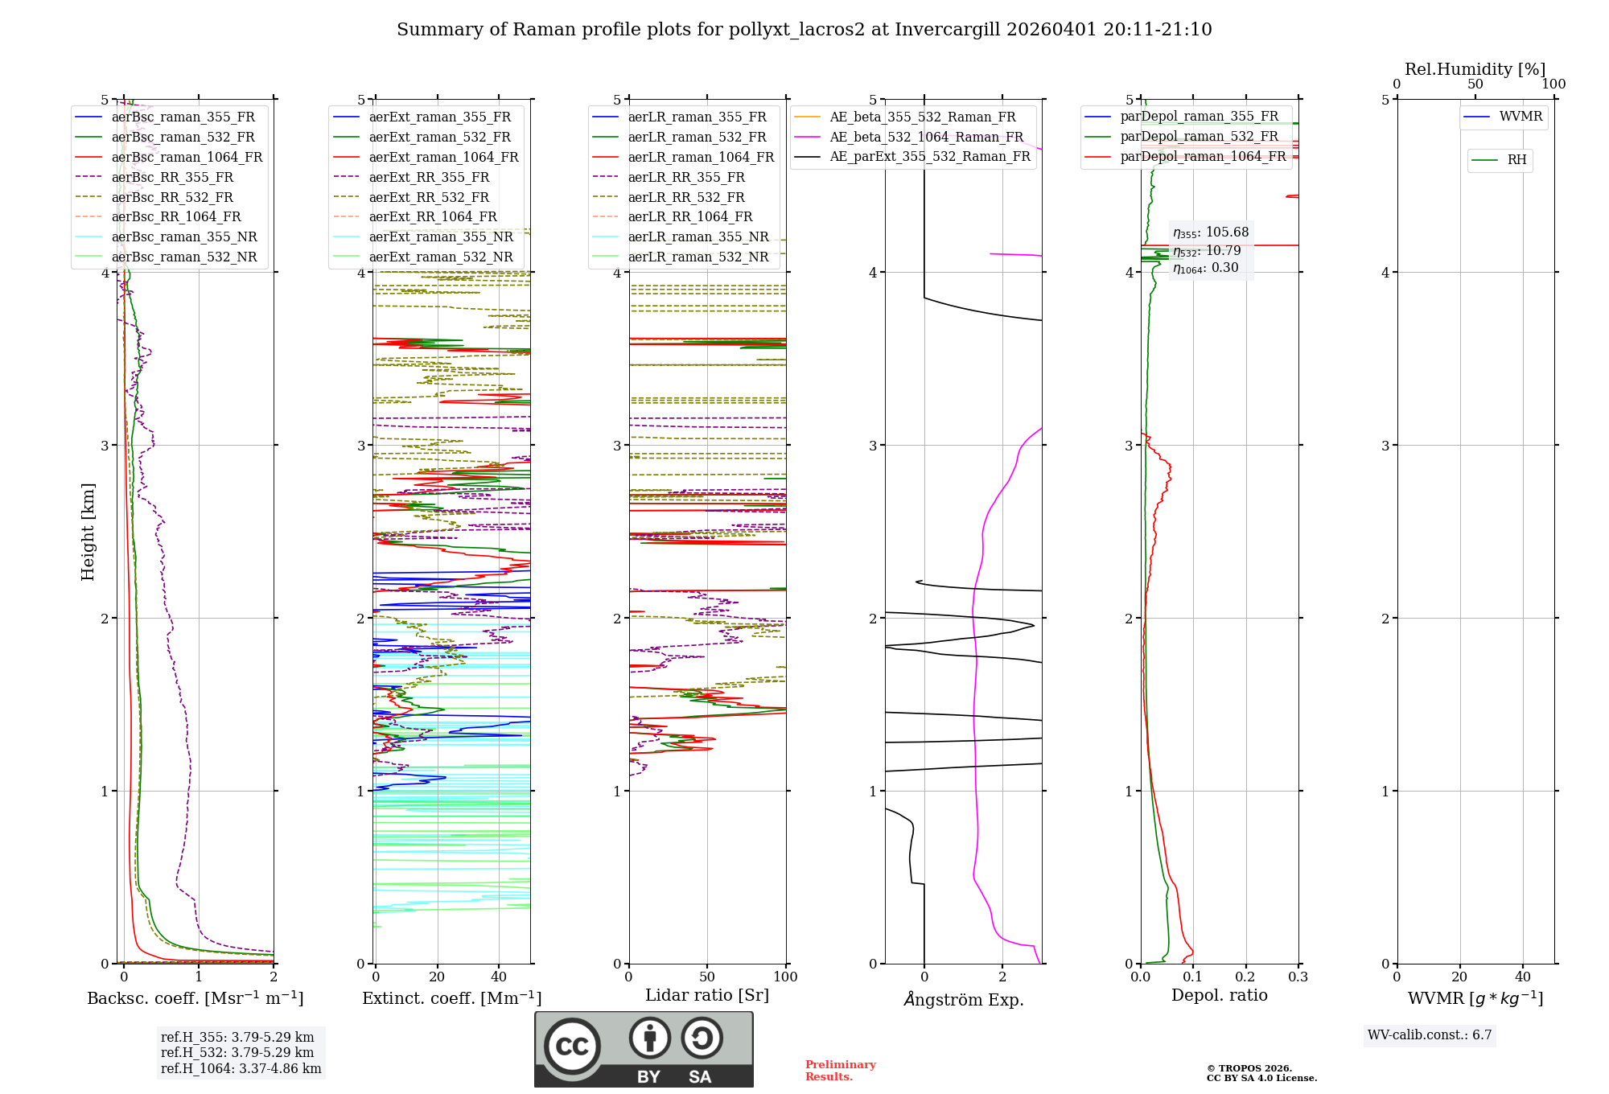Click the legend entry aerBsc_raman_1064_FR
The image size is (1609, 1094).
tap(187, 158)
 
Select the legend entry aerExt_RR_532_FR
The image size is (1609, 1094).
tap(428, 197)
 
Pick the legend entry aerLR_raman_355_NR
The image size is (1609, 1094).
tap(698, 237)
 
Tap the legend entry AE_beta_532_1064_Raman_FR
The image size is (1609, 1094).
tap(926, 138)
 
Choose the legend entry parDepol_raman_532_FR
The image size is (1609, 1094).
tap(1199, 137)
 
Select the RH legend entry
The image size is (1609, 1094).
tap(1516, 160)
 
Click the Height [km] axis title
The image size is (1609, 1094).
tap(88, 532)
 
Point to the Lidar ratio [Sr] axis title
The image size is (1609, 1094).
tap(707, 996)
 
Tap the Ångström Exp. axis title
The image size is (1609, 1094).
tap(964, 1000)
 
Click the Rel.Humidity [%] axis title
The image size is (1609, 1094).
tap(1475, 69)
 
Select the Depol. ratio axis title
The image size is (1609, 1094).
tap(1219, 996)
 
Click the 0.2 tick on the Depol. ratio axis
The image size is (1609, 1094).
tap(1245, 977)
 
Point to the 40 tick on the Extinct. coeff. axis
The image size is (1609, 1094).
tap(499, 977)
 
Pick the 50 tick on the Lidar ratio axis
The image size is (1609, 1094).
tap(707, 977)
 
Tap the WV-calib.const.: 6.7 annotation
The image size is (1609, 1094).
tap(1430, 1035)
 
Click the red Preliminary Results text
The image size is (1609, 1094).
tap(840, 1071)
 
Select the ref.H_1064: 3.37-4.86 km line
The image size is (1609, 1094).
tap(241, 1069)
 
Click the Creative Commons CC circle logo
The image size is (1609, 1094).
tap(572, 1047)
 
